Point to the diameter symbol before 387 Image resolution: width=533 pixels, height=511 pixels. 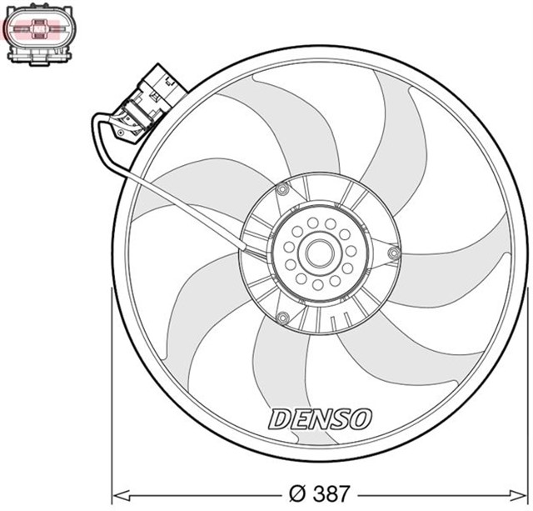coord(297,492)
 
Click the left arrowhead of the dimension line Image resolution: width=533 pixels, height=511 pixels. coord(117,492)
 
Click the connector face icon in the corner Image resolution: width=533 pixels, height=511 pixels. coord(39,36)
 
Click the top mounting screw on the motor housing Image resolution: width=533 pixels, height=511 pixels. coord(282,191)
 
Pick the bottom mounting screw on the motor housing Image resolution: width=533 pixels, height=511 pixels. coord(283,317)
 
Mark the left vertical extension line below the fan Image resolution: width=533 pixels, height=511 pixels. coord(112,392)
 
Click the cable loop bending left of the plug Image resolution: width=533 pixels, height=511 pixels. coord(97,138)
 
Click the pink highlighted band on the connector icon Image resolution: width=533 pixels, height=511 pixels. coord(39,30)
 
